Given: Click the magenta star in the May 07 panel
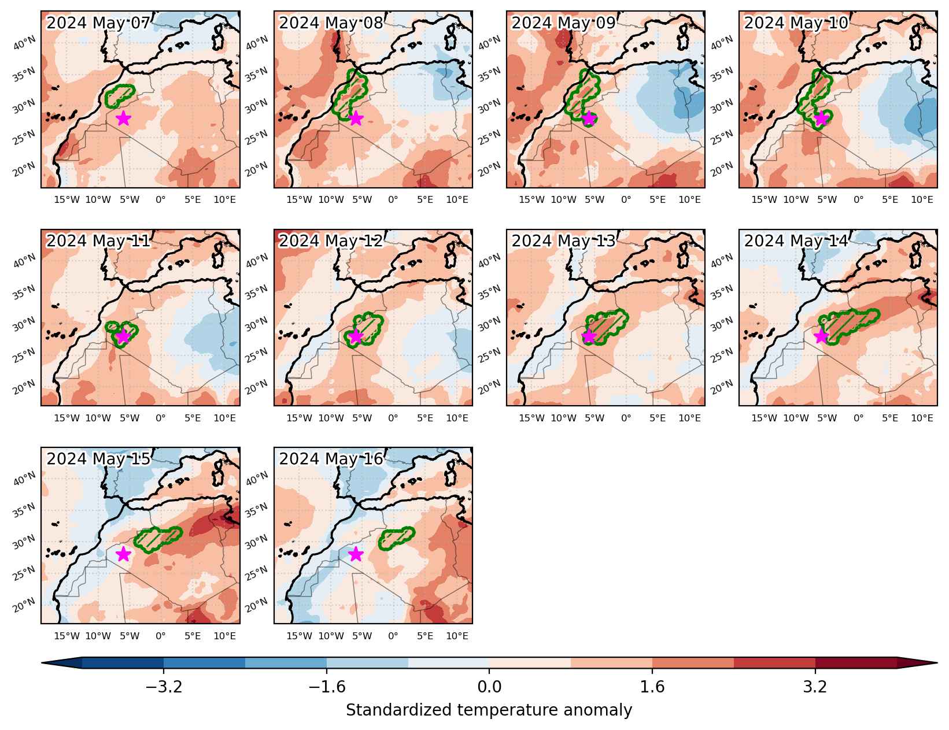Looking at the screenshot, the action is (124, 118).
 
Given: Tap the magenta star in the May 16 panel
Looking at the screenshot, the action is (356, 554).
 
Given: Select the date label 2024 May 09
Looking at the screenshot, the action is (563, 23).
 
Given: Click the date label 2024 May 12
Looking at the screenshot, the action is (331, 241).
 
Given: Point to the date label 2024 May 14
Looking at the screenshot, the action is (796, 241).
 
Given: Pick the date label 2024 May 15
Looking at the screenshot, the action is (98, 458).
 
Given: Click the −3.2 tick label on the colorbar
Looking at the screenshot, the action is (164, 687).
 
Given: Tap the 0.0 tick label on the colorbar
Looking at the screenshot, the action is (489, 687).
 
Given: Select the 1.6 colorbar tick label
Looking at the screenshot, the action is (652, 687).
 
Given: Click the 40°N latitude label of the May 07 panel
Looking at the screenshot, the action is (24, 43).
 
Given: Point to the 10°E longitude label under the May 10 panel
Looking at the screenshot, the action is (922, 199).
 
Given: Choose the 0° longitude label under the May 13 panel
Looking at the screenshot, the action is (626, 418).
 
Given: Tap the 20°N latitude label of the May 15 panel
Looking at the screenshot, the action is (24, 605).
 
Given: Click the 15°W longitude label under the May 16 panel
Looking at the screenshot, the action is (299, 636).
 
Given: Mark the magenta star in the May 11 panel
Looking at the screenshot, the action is (124, 336).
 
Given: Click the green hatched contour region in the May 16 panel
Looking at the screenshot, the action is (396, 539).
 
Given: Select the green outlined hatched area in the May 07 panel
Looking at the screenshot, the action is (120, 96).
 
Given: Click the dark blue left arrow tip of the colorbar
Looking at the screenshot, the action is (42, 663).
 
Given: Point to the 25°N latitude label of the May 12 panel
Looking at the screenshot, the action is (257, 355).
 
